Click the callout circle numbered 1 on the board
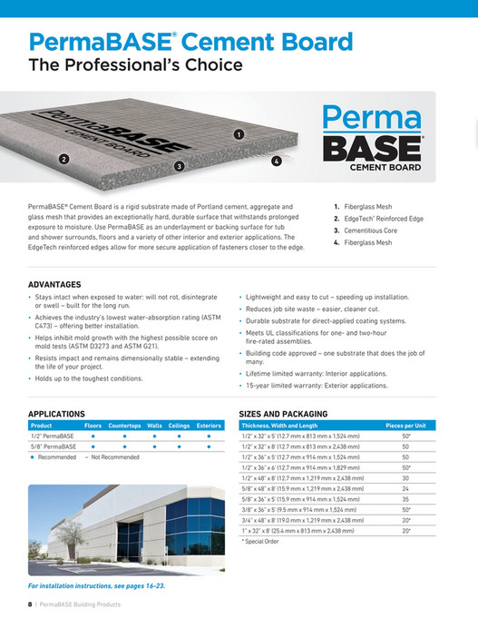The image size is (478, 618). pyautogui.click(x=238, y=133)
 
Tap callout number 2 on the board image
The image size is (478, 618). pyautogui.click(x=64, y=159)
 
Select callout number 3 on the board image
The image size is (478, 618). pyautogui.click(x=180, y=166)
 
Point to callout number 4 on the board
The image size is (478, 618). pyautogui.click(x=276, y=161)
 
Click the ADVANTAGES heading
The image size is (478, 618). pyautogui.click(x=54, y=284)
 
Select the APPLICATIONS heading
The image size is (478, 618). pyautogui.click(x=56, y=413)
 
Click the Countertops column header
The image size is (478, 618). pyautogui.click(x=124, y=425)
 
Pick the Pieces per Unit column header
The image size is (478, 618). pyautogui.click(x=406, y=425)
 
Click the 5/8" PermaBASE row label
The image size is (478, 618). pyautogui.click(x=54, y=446)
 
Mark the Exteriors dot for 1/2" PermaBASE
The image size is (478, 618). pyautogui.click(x=209, y=436)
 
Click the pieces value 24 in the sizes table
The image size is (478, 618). pyautogui.click(x=405, y=488)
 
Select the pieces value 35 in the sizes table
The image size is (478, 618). pyautogui.click(x=405, y=498)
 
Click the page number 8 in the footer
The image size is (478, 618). pyautogui.click(x=29, y=603)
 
